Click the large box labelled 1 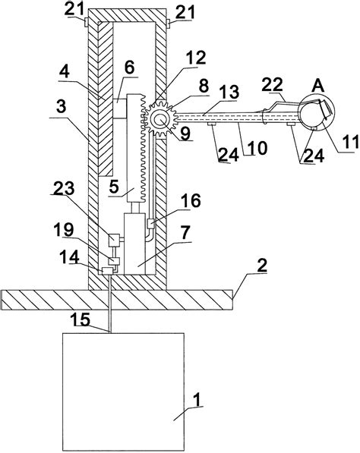pyautogui.click(x=123, y=392)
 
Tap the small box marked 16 pyautogui.click(x=150, y=224)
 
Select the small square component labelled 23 pyautogui.click(x=114, y=240)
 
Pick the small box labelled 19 pyautogui.click(x=114, y=260)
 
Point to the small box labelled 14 pyautogui.click(x=108, y=271)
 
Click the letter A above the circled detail pyautogui.click(x=317, y=86)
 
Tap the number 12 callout pyautogui.click(x=196, y=58)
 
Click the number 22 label pyautogui.click(x=272, y=85)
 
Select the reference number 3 pyautogui.click(x=61, y=107)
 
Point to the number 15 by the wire pyautogui.click(x=81, y=319)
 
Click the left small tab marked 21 pyautogui.click(x=86, y=22)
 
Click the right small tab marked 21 pyautogui.click(x=169, y=24)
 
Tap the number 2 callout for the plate pyautogui.click(x=262, y=266)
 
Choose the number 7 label pyautogui.click(x=185, y=232)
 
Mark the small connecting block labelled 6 pyautogui.click(x=120, y=109)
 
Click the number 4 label pyautogui.click(x=65, y=71)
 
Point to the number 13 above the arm pyautogui.click(x=230, y=92)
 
